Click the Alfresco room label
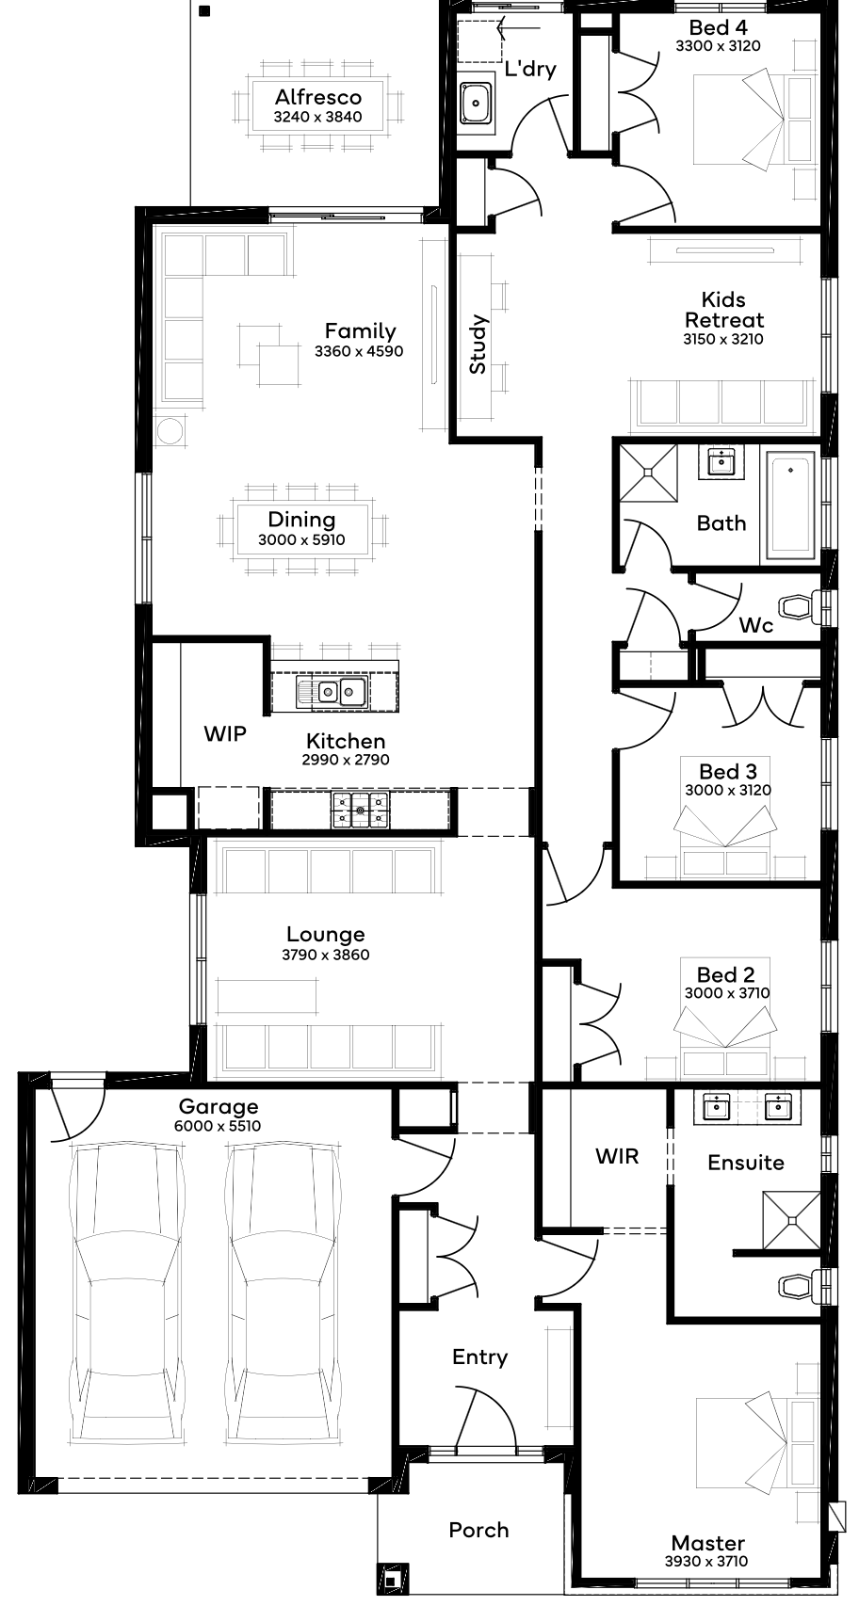click(x=318, y=97)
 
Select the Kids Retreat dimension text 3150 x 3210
click(x=722, y=339)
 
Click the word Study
click(x=478, y=345)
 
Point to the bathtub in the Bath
click(x=789, y=505)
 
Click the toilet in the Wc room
click(x=801, y=607)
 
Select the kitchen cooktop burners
click(x=360, y=811)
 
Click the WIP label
click(x=224, y=733)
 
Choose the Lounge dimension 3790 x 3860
click(x=326, y=955)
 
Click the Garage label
click(x=219, y=1107)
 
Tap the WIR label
click(x=617, y=1156)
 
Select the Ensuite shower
click(x=791, y=1219)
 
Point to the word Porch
click(x=478, y=1530)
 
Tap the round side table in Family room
click(x=170, y=431)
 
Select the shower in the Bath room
click(x=649, y=473)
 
